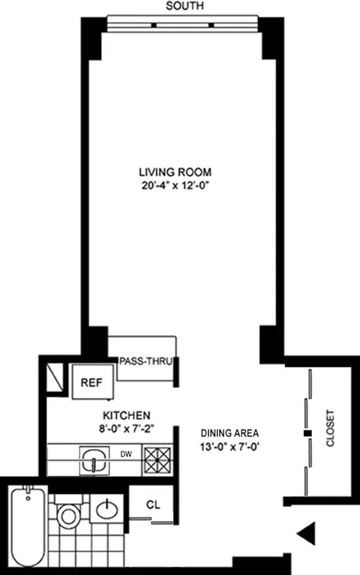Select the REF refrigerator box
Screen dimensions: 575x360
(93, 382)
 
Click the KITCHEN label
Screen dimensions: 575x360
(127, 415)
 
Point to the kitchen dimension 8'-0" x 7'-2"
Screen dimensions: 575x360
(127, 429)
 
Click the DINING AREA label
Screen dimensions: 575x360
(230, 433)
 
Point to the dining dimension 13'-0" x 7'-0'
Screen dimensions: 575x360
(230, 448)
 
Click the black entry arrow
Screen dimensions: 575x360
(307, 534)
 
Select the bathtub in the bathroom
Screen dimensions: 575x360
(28, 525)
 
